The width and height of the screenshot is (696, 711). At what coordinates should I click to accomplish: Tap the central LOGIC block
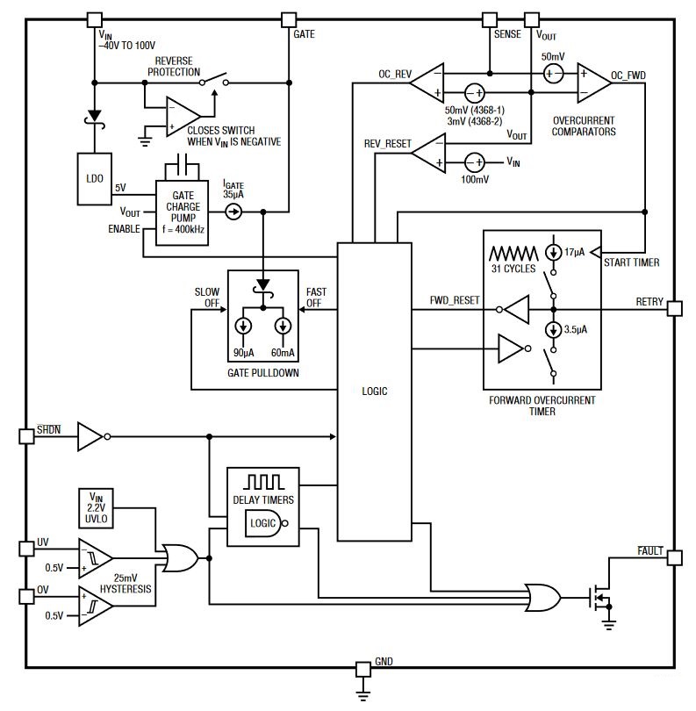(375, 391)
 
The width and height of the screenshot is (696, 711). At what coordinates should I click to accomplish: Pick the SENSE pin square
(490, 18)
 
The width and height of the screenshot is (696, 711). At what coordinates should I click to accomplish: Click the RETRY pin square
(673, 308)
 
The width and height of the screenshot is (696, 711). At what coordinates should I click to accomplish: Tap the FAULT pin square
(673, 557)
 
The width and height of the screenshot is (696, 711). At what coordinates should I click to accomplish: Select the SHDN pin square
(25, 435)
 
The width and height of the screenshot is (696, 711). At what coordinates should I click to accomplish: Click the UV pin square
(25, 549)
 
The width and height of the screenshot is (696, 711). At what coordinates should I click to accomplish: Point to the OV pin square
(25, 596)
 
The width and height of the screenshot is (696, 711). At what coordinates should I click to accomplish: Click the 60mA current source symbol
(283, 327)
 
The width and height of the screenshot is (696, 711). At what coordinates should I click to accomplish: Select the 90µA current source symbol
(244, 327)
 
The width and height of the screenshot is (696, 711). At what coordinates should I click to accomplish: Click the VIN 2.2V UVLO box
(96, 506)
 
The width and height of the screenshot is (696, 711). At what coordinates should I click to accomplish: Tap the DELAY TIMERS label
(264, 500)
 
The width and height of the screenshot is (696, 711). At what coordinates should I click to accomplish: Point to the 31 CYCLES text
(513, 268)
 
